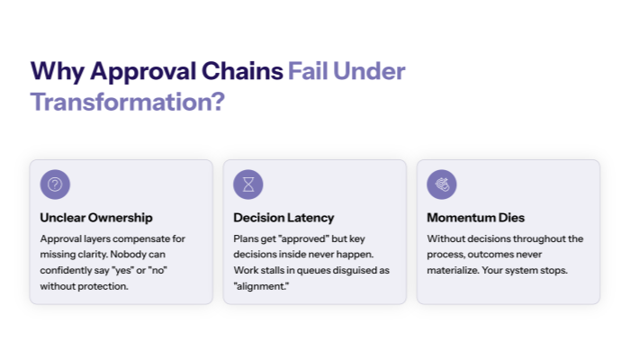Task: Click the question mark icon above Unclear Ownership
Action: pyautogui.click(x=55, y=184)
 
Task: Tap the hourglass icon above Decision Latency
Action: pyautogui.click(x=247, y=184)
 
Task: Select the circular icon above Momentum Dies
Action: pyautogui.click(x=441, y=184)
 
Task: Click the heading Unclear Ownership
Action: pyautogui.click(x=96, y=218)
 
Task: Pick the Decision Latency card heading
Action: pyautogui.click(x=283, y=218)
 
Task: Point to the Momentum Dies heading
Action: pyautogui.click(x=475, y=218)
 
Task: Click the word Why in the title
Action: pyautogui.click(x=58, y=71)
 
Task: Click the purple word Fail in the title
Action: pyautogui.click(x=310, y=71)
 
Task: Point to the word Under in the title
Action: pyautogui.click(x=372, y=71)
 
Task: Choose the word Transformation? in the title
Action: pyautogui.click(x=127, y=101)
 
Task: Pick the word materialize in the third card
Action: pyautogui.click(x=455, y=271)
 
